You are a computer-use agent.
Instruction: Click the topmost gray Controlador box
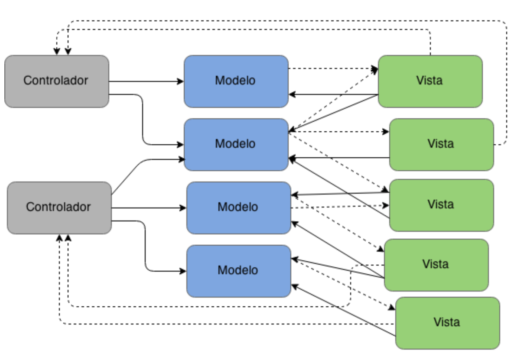click(56, 81)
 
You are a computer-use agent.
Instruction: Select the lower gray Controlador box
click(59, 208)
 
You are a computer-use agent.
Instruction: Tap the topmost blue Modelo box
click(236, 81)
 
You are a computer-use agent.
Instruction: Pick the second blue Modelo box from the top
click(236, 144)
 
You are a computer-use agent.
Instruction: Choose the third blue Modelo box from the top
click(238, 208)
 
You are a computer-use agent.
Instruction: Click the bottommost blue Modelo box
click(238, 271)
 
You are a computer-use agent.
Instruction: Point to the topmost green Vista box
click(430, 81)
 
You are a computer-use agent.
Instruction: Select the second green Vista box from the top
click(441, 144)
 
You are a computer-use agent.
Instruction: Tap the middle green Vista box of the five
click(441, 205)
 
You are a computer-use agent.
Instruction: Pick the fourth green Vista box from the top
click(436, 265)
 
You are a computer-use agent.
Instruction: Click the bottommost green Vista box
click(447, 323)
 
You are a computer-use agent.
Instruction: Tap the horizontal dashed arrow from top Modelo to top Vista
click(332, 68)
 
